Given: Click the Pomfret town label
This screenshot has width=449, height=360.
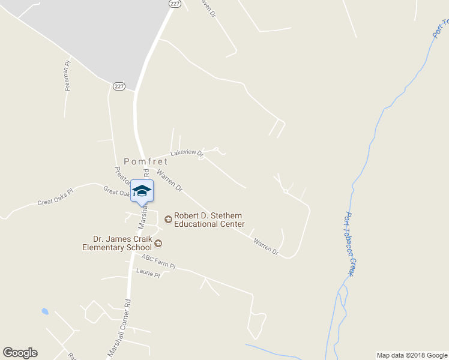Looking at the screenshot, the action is tap(146, 161).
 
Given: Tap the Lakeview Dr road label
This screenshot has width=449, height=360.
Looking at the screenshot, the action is tap(187, 153).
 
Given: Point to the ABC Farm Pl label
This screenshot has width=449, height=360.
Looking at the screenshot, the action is tap(158, 262).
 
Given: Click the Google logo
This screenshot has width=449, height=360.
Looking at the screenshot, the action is tap(20, 353).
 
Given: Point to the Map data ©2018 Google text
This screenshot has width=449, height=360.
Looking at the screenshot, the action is tap(411, 355).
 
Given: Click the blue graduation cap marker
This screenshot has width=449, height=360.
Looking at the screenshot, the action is tap(142, 191).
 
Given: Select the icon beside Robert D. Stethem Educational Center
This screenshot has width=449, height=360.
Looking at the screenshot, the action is tap(168, 219).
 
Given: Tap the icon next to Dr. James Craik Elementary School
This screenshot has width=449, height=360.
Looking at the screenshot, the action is tap(158, 243).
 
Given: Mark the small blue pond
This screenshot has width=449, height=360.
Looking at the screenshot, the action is tap(44, 311).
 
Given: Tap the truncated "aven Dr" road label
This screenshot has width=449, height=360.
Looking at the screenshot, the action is tap(208, 8).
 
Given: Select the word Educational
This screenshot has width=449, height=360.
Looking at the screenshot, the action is tap(196, 224).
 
